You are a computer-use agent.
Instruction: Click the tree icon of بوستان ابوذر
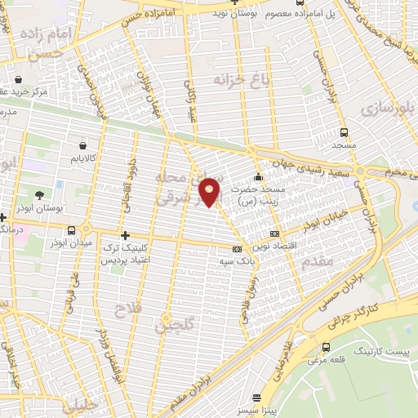coord(38,194)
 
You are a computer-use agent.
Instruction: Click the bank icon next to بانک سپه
coord(237,249)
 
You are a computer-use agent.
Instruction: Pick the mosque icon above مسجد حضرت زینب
coord(259,176)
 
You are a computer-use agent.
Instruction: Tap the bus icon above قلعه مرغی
coord(327,348)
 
